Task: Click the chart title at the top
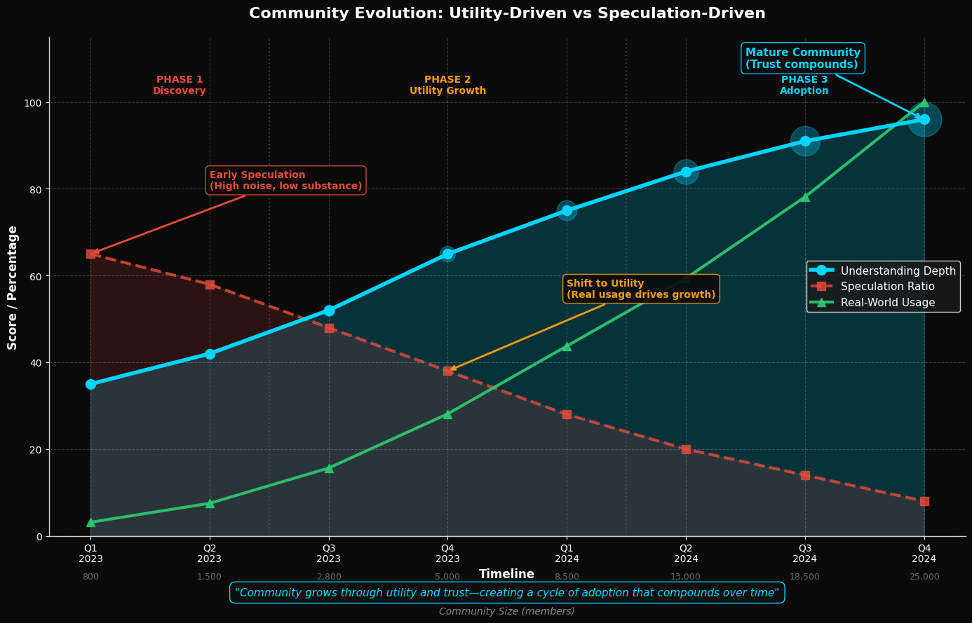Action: click(507, 14)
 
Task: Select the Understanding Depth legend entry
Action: click(898, 271)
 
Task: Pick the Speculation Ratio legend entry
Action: click(887, 287)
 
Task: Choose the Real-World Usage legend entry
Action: click(887, 303)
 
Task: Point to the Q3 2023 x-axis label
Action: click(329, 554)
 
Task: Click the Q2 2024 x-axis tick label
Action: click(685, 554)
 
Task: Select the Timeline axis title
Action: click(506, 575)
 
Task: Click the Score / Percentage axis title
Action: click(13, 287)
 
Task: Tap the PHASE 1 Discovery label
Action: click(180, 85)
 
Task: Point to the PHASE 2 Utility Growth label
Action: click(447, 85)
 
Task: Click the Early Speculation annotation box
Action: click(285, 181)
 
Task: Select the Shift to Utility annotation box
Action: click(641, 289)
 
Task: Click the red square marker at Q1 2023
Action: click(91, 254)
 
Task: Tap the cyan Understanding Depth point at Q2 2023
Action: click(210, 354)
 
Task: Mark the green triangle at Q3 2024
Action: click(805, 197)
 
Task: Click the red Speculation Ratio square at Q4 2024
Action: click(924, 501)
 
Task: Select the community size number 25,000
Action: click(924, 577)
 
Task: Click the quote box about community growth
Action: click(506, 593)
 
